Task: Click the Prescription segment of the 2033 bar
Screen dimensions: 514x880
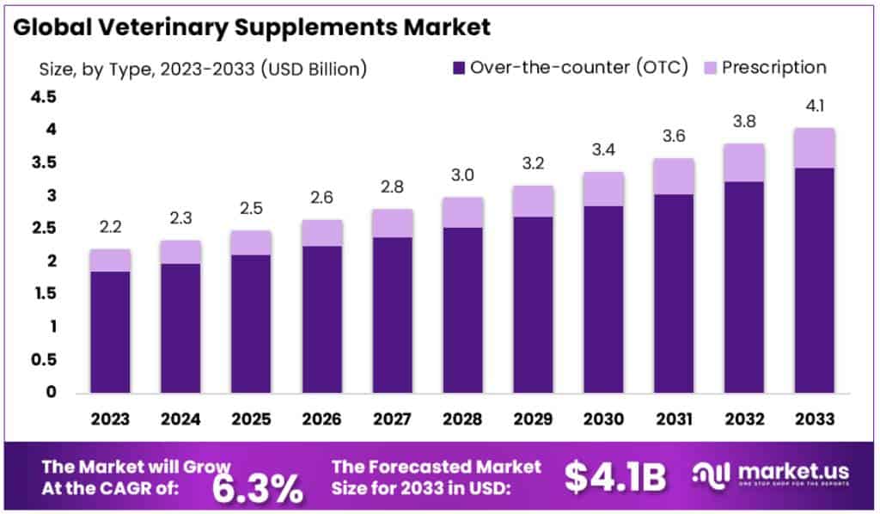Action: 814,148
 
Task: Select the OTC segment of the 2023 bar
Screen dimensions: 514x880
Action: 111,332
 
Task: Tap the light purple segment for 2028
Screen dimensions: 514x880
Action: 462,212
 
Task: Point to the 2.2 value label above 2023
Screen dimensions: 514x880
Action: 111,229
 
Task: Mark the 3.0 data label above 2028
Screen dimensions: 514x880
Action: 462,176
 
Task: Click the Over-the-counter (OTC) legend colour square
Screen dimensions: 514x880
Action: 458,68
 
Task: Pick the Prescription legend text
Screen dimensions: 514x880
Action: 773,68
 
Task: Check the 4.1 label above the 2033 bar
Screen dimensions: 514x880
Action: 814,107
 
